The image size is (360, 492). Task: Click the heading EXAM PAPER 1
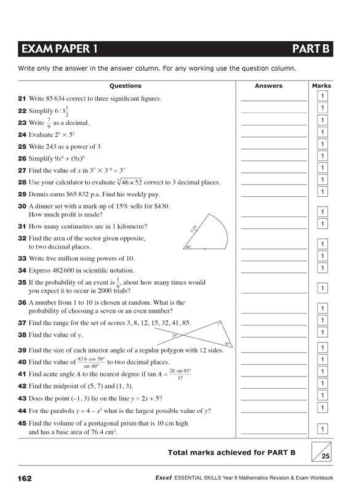point(59,49)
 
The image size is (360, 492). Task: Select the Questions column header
point(126,86)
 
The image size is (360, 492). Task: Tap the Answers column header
point(268,86)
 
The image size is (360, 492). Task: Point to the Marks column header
point(321,86)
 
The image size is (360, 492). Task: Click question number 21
point(22,98)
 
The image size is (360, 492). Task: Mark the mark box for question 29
point(321,192)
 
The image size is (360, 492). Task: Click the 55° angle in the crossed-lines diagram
point(175,335)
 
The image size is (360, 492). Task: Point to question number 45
point(22,423)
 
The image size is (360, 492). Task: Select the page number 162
point(25,478)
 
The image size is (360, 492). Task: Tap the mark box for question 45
point(321,429)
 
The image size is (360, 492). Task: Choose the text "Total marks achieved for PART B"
point(231,453)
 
